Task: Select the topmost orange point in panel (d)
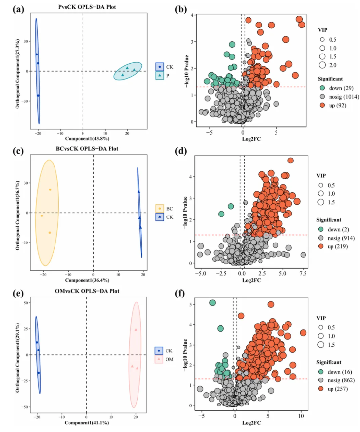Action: coord(290,161)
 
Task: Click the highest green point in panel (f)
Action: coord(213,303)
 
